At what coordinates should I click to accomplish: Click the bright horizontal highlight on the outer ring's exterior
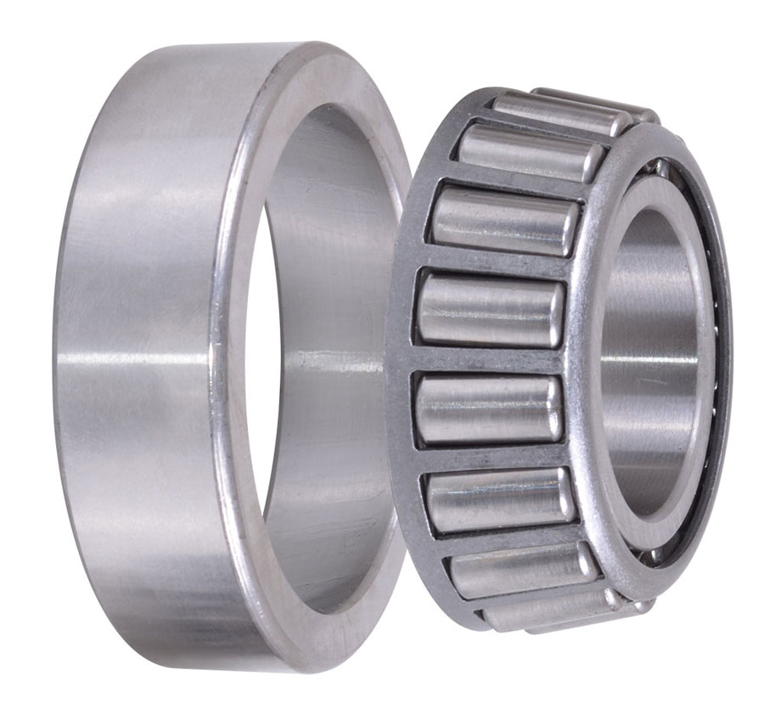[x=136, y=357]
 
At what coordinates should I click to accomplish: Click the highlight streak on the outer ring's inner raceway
[x=331, y=361]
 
